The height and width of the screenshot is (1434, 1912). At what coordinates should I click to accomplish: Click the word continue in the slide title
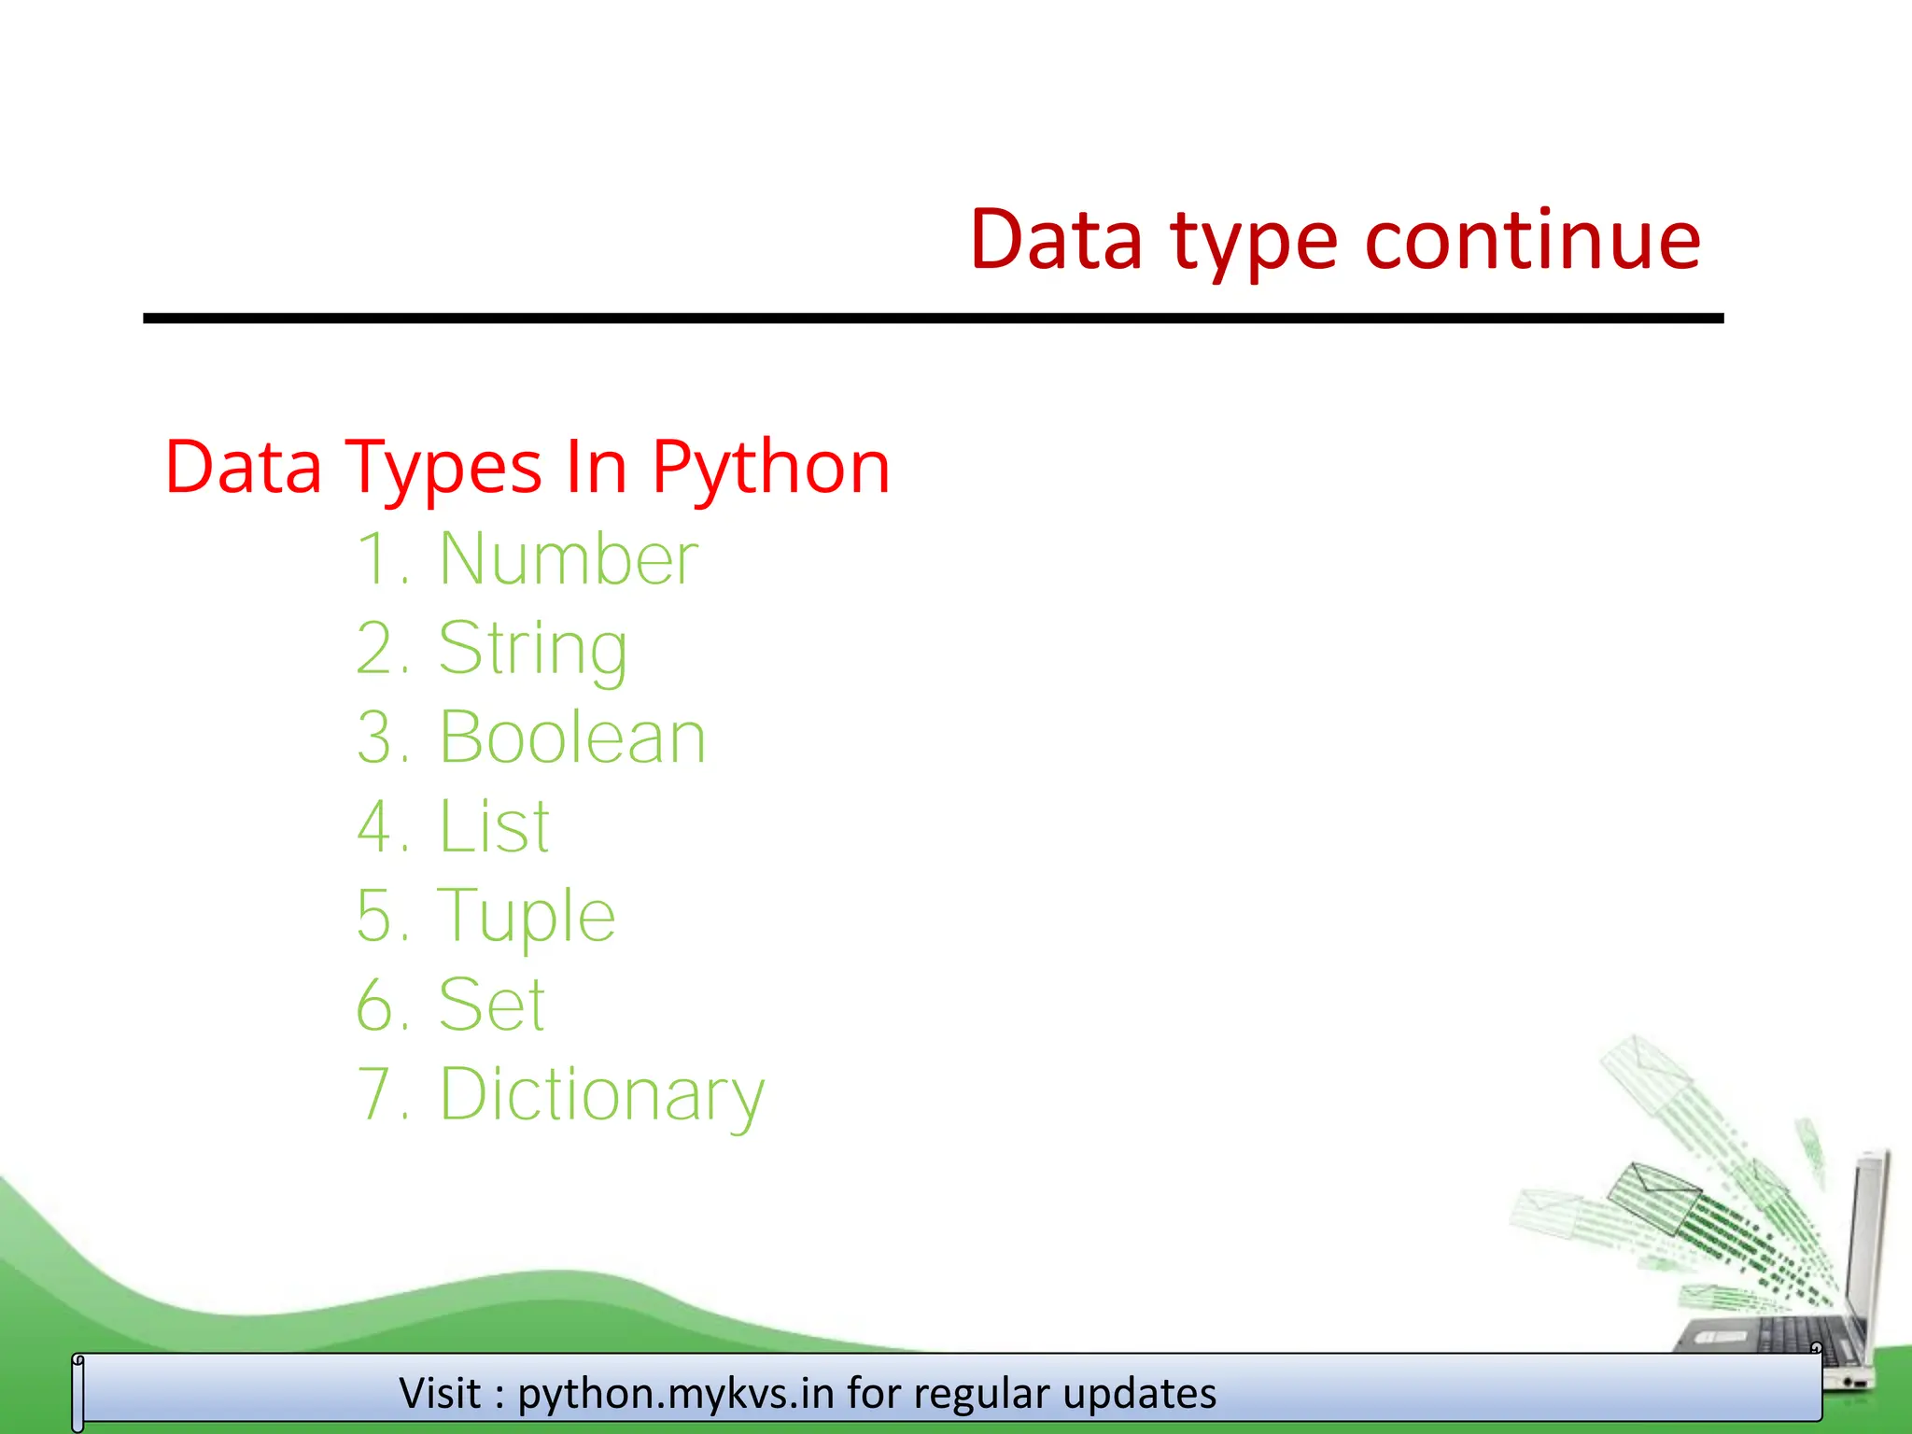[1533, 241]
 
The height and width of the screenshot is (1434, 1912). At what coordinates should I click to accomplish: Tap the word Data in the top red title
[1056, 241]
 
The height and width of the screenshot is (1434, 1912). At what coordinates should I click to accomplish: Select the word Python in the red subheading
[770, 467]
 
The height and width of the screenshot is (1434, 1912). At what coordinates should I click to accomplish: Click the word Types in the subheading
[443, 467]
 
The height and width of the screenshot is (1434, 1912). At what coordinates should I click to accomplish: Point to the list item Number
[569, 558]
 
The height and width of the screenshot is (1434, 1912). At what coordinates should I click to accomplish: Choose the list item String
[533, 648]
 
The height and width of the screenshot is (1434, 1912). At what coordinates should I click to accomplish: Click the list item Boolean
[572, 738]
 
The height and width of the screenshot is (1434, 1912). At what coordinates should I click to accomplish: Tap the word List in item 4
[495, 827]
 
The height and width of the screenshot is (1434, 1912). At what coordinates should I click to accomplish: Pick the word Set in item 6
[492, 1005]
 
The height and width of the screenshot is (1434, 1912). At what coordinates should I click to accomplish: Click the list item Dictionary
[602, 1094]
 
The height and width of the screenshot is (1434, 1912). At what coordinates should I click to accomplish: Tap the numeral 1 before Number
[373, 558]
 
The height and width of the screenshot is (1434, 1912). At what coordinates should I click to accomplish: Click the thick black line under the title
[934, 318]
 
